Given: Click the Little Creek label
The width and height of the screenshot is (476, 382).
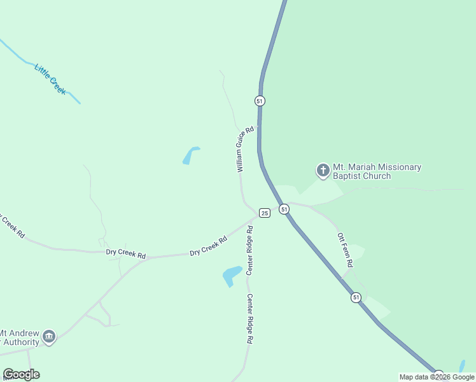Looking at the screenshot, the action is click(50, 79).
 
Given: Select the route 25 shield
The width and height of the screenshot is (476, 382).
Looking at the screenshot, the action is click(265, 213).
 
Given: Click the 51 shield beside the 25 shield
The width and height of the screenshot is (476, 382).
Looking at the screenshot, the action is click(284, 209).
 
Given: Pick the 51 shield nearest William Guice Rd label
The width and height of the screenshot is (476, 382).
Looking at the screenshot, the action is click(260, 101).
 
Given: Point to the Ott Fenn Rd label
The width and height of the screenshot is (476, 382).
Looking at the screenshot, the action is click(346, 250).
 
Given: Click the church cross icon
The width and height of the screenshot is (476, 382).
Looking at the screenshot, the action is click(323, 171).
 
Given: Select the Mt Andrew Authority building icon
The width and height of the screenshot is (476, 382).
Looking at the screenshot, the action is click(49, 336).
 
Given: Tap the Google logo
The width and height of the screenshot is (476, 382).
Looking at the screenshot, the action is click(21, 374).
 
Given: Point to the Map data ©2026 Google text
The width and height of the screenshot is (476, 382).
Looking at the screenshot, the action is click(437, 377).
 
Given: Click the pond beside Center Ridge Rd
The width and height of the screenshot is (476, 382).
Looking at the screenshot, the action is click(232, 276).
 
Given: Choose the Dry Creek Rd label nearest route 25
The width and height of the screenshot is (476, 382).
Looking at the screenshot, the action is click(209, 246).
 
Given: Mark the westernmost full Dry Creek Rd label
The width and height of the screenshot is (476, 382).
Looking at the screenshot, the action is click(126, 254).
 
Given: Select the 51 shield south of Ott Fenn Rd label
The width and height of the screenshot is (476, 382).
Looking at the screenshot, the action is click(356, 297).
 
